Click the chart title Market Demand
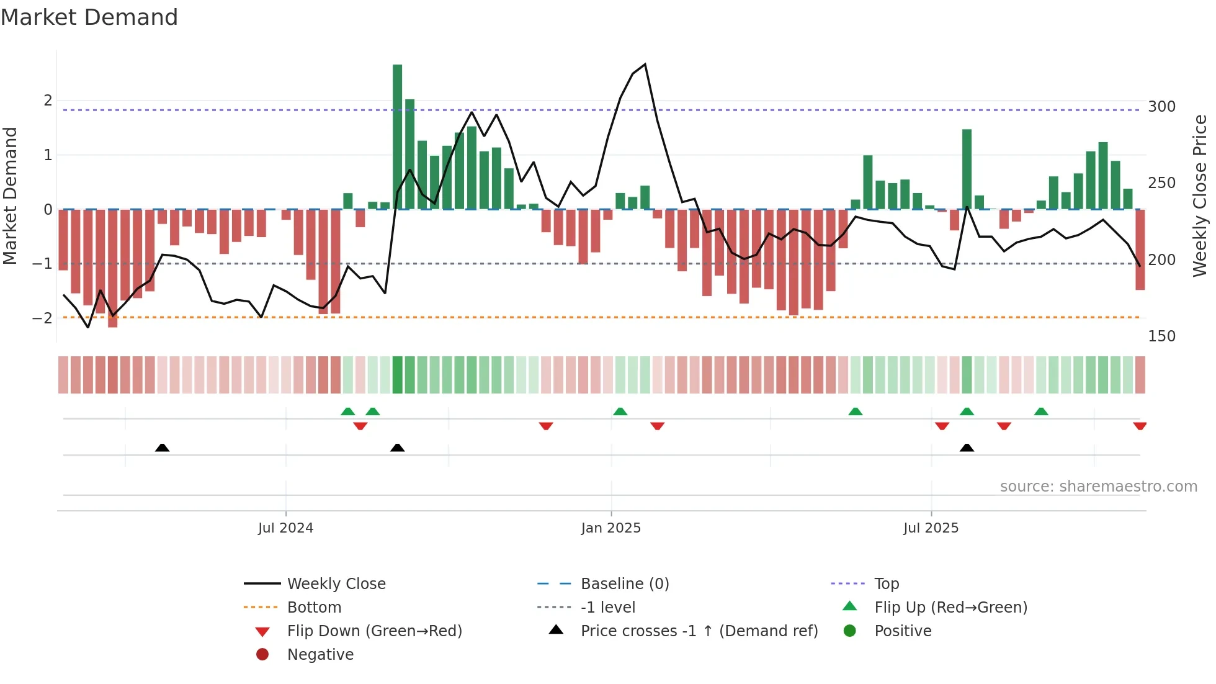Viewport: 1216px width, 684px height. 89,17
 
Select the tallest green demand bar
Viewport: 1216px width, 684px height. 397,137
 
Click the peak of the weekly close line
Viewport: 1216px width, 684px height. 645,65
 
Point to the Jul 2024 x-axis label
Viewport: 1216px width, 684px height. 285,528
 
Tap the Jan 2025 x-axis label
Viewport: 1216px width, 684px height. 610,528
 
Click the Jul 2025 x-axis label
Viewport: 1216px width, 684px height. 931,528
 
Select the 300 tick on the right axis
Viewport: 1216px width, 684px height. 1161,107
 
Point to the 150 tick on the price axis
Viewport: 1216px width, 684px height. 1161,336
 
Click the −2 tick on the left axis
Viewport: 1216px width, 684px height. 43,318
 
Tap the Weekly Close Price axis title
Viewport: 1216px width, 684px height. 1200,196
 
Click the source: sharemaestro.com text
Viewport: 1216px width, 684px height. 1098,487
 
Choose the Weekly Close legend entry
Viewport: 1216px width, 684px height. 336,584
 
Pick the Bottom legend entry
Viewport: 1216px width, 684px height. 314,608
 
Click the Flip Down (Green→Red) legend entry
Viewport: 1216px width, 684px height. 374,631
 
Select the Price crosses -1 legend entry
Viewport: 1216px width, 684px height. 699,631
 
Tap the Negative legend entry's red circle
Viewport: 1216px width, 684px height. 262,655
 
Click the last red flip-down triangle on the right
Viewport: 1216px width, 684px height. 1140,426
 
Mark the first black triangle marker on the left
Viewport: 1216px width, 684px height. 162,448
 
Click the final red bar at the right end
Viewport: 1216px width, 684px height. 1140,250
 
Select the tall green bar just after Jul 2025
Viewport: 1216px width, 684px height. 967,169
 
